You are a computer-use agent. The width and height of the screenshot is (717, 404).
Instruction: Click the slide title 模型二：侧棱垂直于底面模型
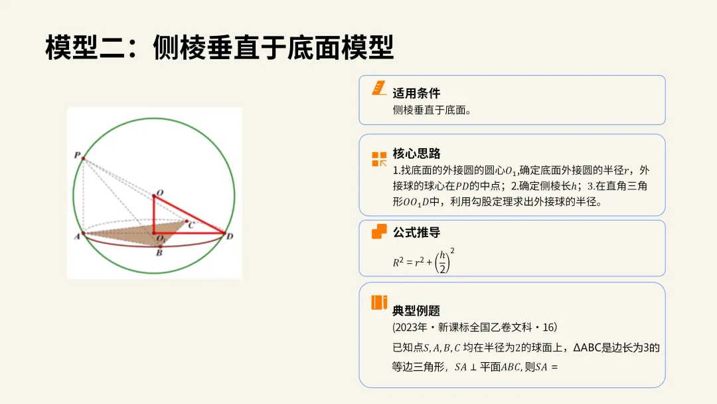click(220, 49)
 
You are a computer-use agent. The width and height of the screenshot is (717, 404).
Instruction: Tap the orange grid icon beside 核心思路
click(379, 159)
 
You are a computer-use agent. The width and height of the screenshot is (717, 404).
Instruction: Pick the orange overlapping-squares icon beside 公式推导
click(379, 231)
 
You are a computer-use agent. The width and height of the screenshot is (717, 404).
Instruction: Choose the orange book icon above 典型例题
click(379, 302)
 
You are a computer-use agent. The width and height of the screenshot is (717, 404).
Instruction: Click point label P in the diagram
click(77, 154)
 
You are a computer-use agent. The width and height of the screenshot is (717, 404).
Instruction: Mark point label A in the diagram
click(77, 236)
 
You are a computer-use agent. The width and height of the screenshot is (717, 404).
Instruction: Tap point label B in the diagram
click(159, 253)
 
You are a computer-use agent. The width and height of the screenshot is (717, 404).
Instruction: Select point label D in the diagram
click(230, 236)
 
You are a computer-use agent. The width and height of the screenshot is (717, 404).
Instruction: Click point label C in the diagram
click(192, 226)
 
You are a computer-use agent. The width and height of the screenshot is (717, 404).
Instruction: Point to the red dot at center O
click(154, 195)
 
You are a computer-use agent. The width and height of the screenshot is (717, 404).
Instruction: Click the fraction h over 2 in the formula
click(442, 262)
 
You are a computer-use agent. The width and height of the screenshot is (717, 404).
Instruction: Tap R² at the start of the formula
click(398, 262)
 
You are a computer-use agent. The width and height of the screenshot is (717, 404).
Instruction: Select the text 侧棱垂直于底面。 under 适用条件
click(432, 110)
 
